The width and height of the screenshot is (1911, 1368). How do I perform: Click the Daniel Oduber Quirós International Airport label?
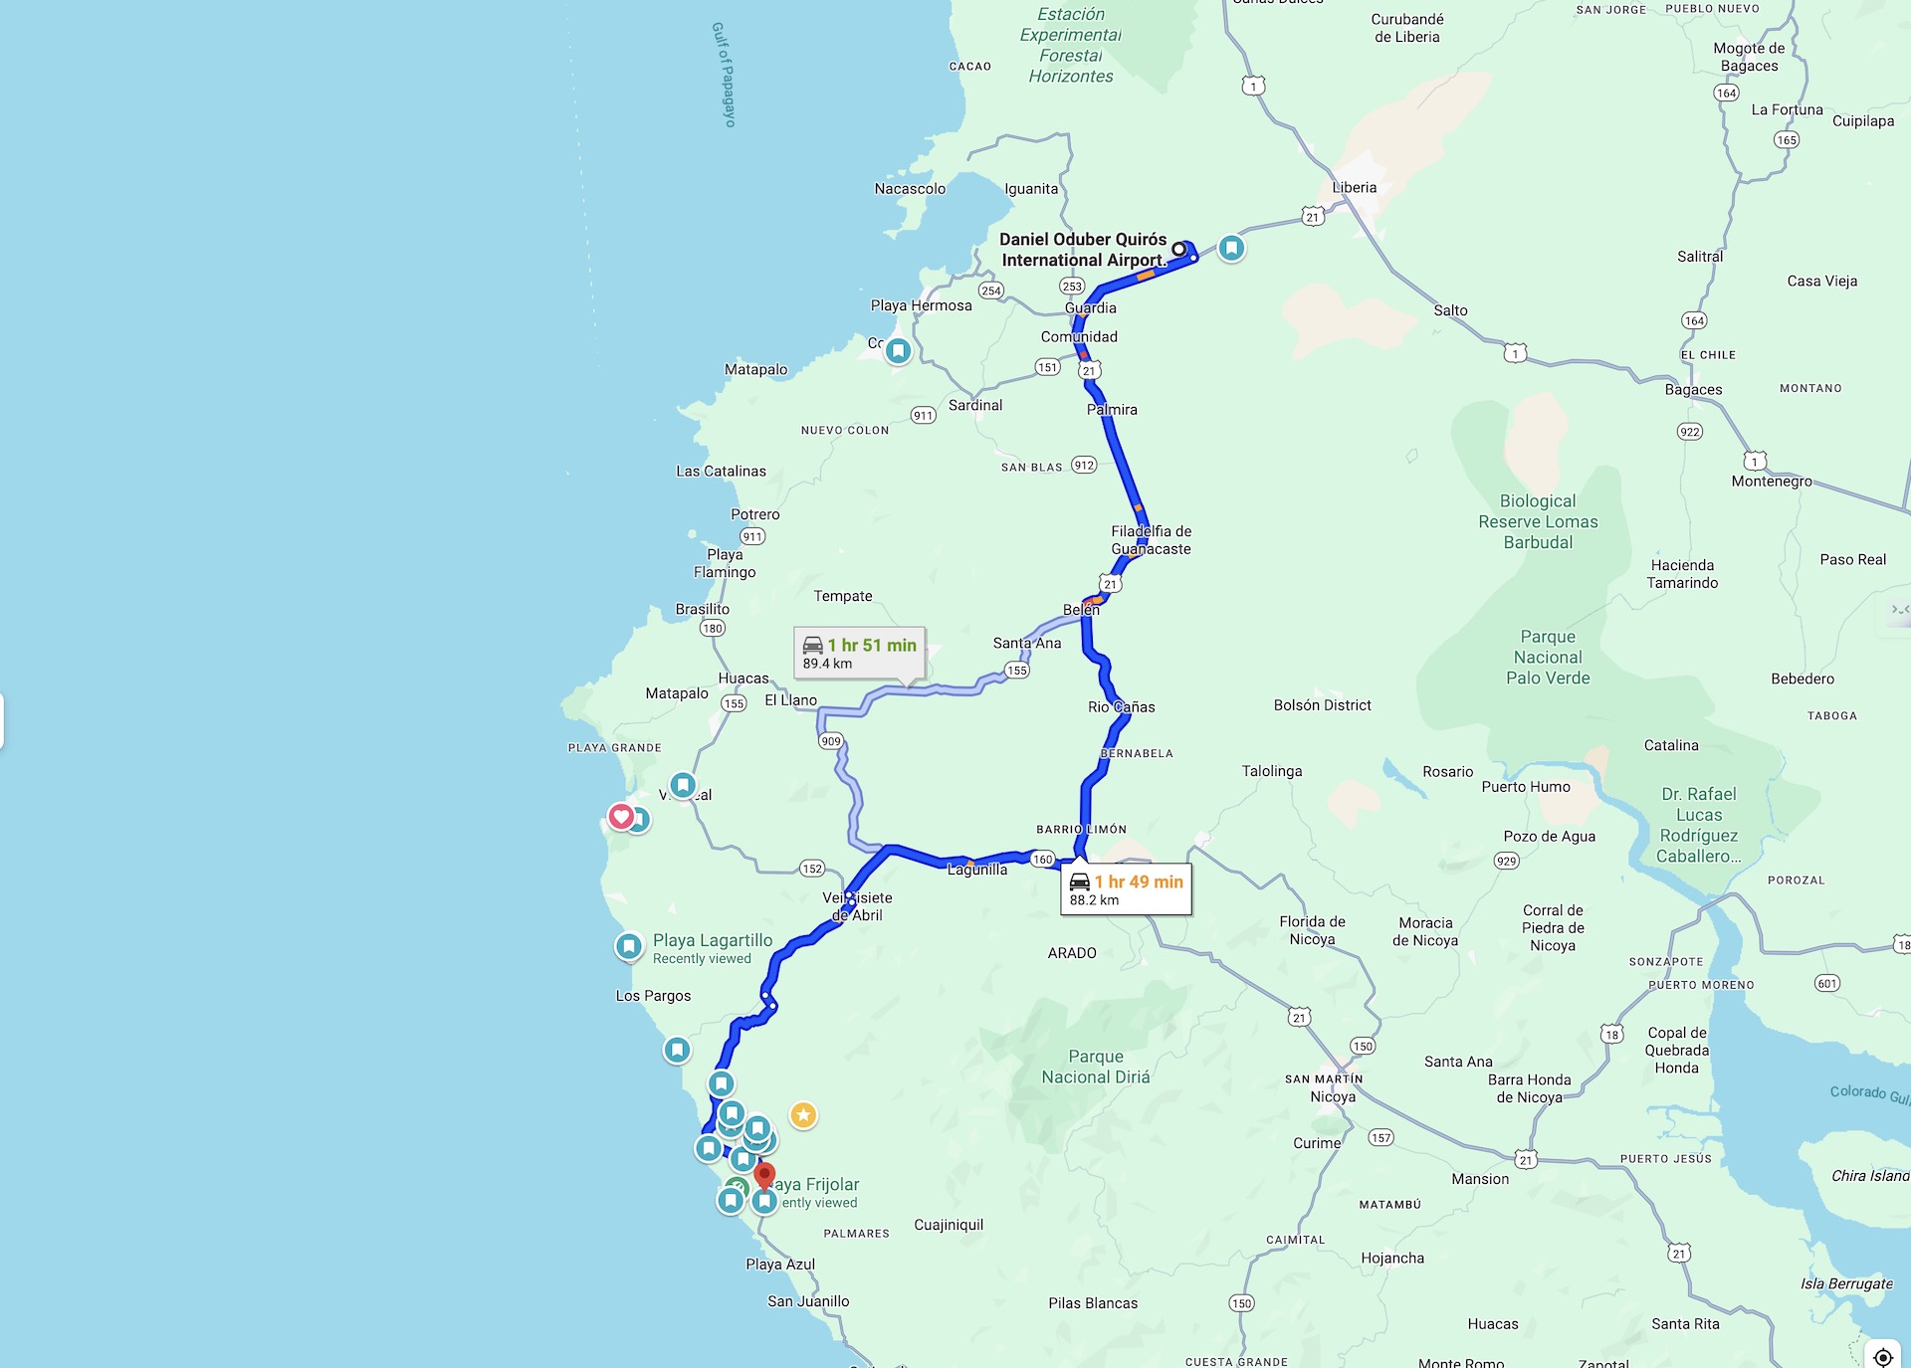point(1083,250)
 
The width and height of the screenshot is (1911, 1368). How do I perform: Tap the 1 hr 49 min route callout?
point(1126,889)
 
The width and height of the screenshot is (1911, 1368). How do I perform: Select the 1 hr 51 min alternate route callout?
point(860,653)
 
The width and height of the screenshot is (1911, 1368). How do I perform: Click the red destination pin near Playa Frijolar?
point(764,1177)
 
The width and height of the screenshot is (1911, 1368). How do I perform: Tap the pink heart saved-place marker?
point(621,817)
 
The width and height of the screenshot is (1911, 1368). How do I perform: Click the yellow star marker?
point(803,1115)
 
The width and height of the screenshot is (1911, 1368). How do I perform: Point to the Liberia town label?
point(1354,188)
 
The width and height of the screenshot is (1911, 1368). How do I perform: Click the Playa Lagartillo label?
point(713,940)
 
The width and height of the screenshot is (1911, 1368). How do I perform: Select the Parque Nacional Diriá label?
point(1095,1067)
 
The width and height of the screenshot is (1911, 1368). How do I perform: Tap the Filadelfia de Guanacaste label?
point(1151,540)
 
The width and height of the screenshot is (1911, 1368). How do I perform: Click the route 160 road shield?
point(1042,860)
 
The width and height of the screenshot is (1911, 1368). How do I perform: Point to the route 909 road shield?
point(831,741)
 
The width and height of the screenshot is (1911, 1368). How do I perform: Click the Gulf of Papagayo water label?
point(724,75)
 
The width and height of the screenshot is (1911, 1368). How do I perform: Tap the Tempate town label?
point(843,596)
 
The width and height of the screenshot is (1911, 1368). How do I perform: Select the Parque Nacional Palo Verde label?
point(1548,658)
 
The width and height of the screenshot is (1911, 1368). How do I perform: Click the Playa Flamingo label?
point(725,563)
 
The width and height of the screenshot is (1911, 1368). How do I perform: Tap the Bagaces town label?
point(1693,390)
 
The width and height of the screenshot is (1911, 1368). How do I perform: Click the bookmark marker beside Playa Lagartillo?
point(629,946)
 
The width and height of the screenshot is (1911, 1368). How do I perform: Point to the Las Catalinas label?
point(722,472)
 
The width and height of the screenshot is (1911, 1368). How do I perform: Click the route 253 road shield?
point(1072,287)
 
